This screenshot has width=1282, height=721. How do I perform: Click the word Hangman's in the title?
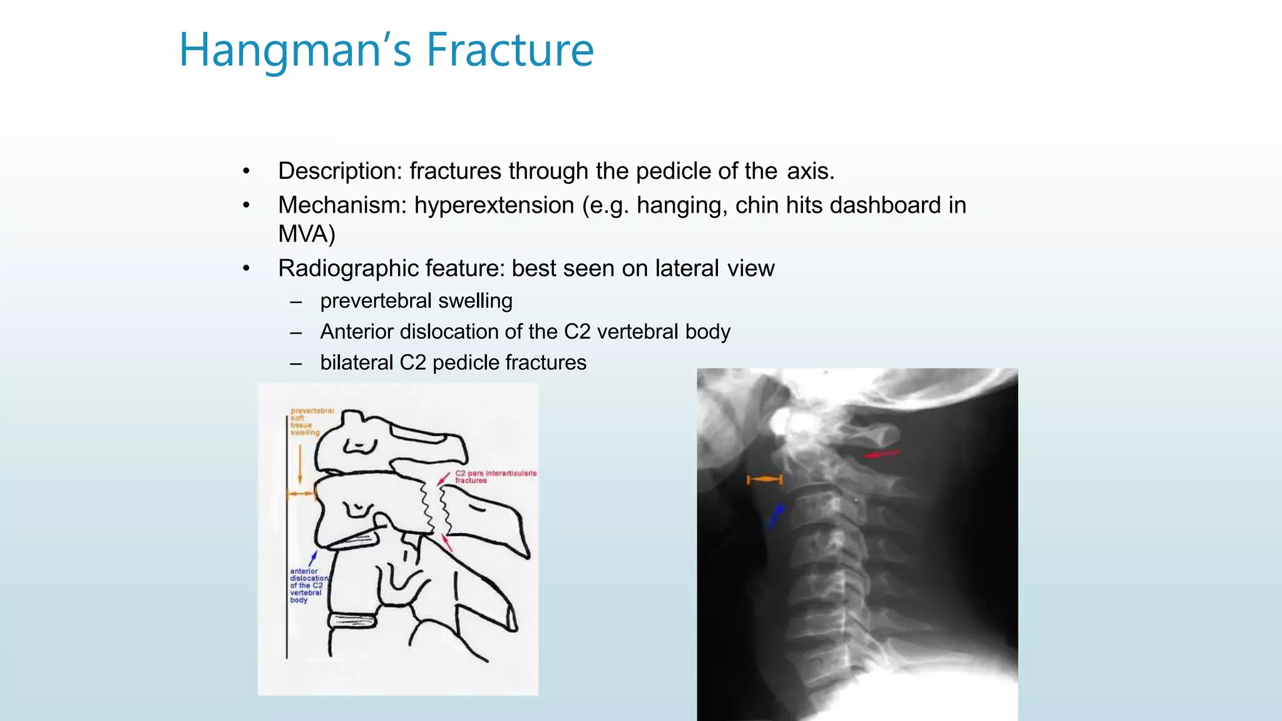pyautogui.click(x=295, y=50)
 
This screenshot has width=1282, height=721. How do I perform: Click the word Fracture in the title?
pyautogui.click(x=510, y=50)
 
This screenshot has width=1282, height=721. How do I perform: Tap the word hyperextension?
pyautogui.click(x=494, y=205)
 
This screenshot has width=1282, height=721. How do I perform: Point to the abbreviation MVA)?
pyautogui.click(x=307, y=234)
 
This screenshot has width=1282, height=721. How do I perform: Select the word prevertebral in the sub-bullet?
pyautogui.click(x=376, y=301)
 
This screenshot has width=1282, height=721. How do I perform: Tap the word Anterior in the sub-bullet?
pyautogui.click(x=357, y=332)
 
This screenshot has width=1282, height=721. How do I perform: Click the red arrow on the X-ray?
pyautogui.click(x=881, y=454)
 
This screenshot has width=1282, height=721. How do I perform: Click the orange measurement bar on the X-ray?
pyautogui.click(x=764, y=480)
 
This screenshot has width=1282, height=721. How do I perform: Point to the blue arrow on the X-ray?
pyautogui.click(x=776, y=514)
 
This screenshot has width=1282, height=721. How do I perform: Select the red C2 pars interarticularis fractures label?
pyautogui.click(x=495, y=476)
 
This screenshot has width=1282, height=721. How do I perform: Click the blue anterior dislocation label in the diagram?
pyautogui.click(x=307, y=585)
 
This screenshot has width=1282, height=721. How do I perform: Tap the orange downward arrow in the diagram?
pyautogui.click(x=300, y=463)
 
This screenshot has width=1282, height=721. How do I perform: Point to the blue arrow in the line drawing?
pyautogui.click(x=313, y=558)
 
